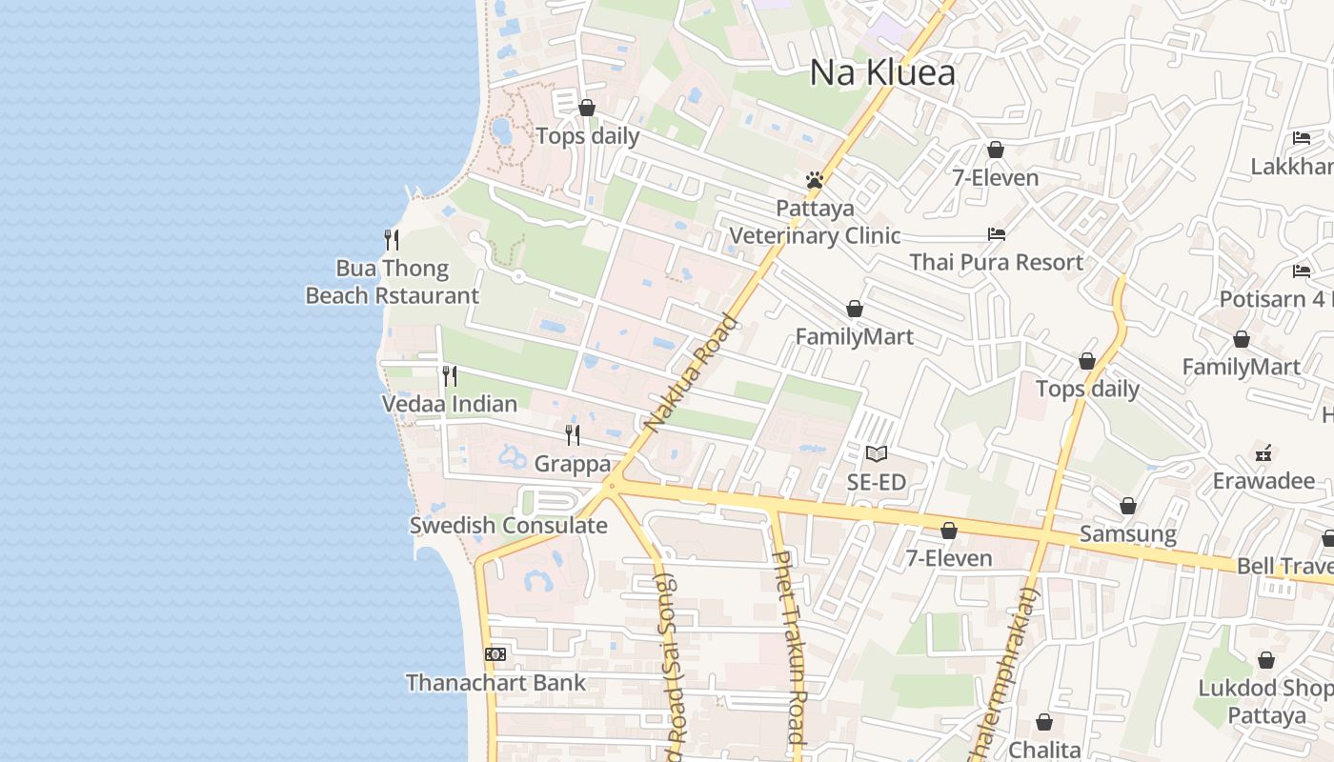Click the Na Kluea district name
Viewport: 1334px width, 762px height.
882,72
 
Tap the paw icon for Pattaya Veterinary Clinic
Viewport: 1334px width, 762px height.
814,180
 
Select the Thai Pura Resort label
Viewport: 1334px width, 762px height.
996,262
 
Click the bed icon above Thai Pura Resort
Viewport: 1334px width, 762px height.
997,233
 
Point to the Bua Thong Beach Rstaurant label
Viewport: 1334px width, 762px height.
392,282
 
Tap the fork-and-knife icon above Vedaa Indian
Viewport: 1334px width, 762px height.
450,376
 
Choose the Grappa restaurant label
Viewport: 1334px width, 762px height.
572,464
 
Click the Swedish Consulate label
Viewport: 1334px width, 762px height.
508,525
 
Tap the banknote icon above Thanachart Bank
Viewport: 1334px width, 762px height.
495,654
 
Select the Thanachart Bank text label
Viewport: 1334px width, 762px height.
495,683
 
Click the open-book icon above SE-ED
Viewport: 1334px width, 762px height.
877,454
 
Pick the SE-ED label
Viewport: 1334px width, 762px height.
877,482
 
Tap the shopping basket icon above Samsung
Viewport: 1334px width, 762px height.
1128,506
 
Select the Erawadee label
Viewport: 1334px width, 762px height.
1263,481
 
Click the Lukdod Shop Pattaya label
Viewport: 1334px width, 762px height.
1265,701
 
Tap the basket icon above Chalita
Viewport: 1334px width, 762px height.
1044,722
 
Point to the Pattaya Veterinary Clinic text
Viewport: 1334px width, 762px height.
815,222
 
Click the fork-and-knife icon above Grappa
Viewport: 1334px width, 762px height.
573,435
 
